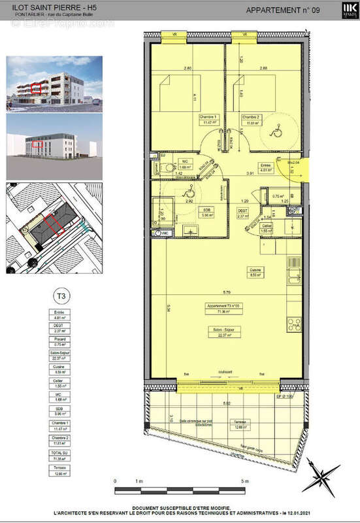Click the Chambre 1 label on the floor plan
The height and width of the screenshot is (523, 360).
(x=209, y=118)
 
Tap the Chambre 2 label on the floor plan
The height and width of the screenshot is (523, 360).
(x=252, y=118)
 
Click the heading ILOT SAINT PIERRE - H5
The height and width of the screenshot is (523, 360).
(x=41, y=7)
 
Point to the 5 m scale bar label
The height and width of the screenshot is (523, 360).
(x=244, y=482)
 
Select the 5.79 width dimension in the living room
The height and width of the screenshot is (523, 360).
(x=225, y=292)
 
